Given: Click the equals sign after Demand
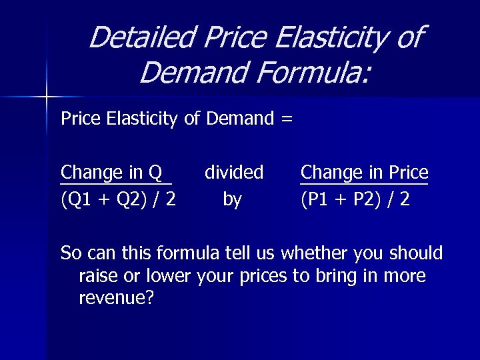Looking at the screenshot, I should [x=286, y=119].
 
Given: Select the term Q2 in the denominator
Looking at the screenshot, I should [x=119, y=199].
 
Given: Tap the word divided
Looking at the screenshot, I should [x=233, y=173].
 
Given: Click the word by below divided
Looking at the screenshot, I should [x=232, y=199].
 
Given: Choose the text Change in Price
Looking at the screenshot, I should [x=364, y=173].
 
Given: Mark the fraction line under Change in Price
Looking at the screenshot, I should [x=364, y=183].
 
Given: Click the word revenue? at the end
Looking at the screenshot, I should [x=116, y=298].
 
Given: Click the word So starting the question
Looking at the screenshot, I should [x=69, y=253].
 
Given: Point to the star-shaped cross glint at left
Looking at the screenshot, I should [x=47, y=97].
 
